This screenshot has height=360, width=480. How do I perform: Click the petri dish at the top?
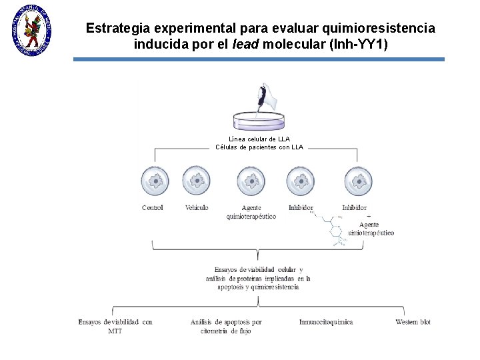click(258, 121)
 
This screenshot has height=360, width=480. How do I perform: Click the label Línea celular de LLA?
click(259, 139)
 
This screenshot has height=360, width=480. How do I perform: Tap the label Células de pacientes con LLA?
click(259, 147)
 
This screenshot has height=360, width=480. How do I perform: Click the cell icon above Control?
click(155, 181)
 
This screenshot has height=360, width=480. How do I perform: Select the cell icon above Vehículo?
click(196, 181)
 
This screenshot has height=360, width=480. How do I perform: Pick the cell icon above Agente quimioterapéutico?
click(251, 181)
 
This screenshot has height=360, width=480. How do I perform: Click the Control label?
click(153, 207)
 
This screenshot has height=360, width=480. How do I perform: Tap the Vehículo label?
click(197, 207)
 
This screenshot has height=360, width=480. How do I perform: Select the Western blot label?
click(413, 322)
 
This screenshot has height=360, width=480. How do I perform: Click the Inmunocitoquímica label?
click(326, 322)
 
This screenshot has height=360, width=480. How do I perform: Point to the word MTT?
click(115, 331)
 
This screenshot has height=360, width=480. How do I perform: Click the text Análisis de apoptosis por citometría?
click(226, 326)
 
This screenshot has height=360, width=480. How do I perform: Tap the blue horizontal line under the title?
click(259, 59)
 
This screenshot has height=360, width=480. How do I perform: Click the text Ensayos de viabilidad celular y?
click(259, 269)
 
